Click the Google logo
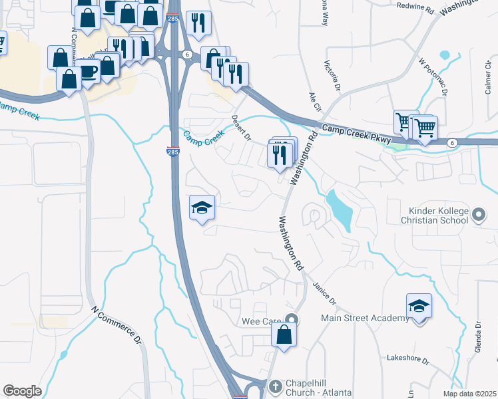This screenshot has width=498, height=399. click(x=22, y=391)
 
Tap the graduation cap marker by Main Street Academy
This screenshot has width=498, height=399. click(x=419, y=306)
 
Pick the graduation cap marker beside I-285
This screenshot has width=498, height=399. click(x=202, y=208)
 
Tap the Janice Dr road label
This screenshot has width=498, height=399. click(x=324, y=291)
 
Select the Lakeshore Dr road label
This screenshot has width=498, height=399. click(x=408, y=358)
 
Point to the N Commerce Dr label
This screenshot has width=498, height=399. click(x=117, y=326)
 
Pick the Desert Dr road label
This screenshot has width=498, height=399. click(x=240, y=127)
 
